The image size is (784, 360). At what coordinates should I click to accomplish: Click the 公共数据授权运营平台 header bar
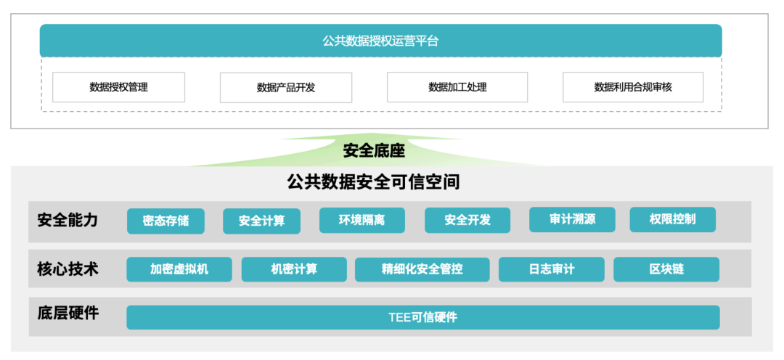point(380,41)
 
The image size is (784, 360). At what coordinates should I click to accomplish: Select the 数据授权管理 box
point(118,87)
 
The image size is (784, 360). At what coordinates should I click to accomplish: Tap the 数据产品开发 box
point(286,87)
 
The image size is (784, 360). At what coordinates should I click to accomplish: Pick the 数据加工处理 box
point(457,87)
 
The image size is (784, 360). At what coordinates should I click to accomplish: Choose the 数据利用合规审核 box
point(633,87)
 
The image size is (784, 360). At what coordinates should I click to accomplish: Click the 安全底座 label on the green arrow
point(374,151)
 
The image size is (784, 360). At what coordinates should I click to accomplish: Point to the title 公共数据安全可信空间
point(374,181)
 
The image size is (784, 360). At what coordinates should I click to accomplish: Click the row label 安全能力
point(68,220)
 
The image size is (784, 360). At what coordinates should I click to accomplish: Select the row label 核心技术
point(68,269)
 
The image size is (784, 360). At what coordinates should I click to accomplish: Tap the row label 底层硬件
point(68,313)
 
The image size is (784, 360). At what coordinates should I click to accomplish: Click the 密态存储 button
point(166,221)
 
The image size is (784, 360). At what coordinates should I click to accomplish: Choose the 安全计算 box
point(261,221)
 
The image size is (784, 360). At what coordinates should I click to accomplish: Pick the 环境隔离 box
point(362,220)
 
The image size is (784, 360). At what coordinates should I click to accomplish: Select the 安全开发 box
point(467,220)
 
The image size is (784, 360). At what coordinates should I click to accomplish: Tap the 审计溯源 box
point(572,219)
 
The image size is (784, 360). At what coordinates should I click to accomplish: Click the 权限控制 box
point(672,219)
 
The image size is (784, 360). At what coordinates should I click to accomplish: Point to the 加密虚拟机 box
point(179,269)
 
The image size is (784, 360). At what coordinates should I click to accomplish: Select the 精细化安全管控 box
point(422,269)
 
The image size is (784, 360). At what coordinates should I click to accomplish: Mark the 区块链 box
point(666,269)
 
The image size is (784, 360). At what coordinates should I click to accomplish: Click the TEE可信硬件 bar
point(422,317)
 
